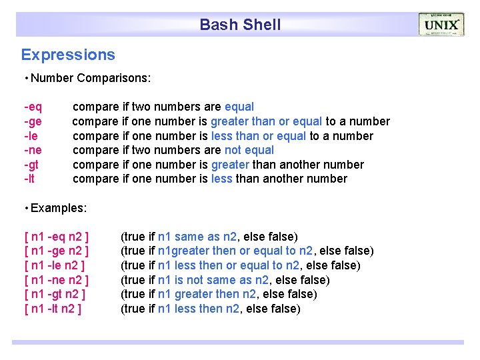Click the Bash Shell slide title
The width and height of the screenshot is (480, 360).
[x=240, y=25]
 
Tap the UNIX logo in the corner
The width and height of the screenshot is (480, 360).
[x=441, y=25]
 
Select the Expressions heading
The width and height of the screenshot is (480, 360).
[x=68, y=55]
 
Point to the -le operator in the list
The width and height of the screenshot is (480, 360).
[x=31, y=136]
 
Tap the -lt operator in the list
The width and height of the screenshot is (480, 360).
[x=31, y=179]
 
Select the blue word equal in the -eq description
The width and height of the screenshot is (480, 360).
[x=239, y=107]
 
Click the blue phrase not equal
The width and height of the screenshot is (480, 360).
[x=249, y=150]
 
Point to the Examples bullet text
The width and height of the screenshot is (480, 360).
[x=59, y=208]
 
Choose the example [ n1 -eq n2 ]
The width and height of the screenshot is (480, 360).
[x=57, y=237]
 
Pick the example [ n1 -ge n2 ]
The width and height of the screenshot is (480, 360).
[x=57, y=251]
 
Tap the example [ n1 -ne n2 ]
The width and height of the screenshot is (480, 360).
[x=57, y=280]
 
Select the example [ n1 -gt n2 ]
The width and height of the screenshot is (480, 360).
[x=56, y=294]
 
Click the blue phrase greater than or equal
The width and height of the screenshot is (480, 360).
[x=266, y=121]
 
